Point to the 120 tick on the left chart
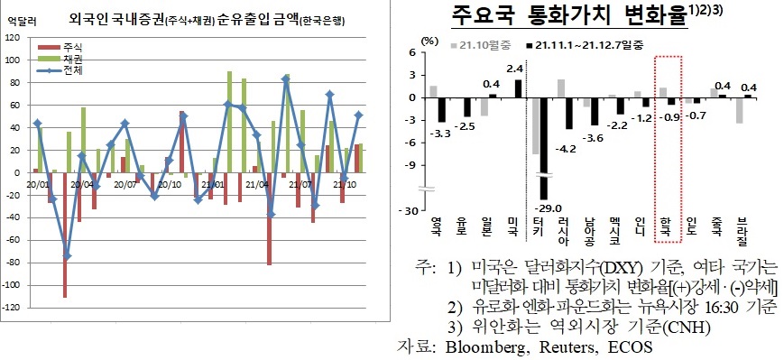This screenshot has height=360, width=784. click(x=11, y=37)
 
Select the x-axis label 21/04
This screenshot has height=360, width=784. click(x=263, y=184)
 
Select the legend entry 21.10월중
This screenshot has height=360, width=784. click(x=486, y=42)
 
